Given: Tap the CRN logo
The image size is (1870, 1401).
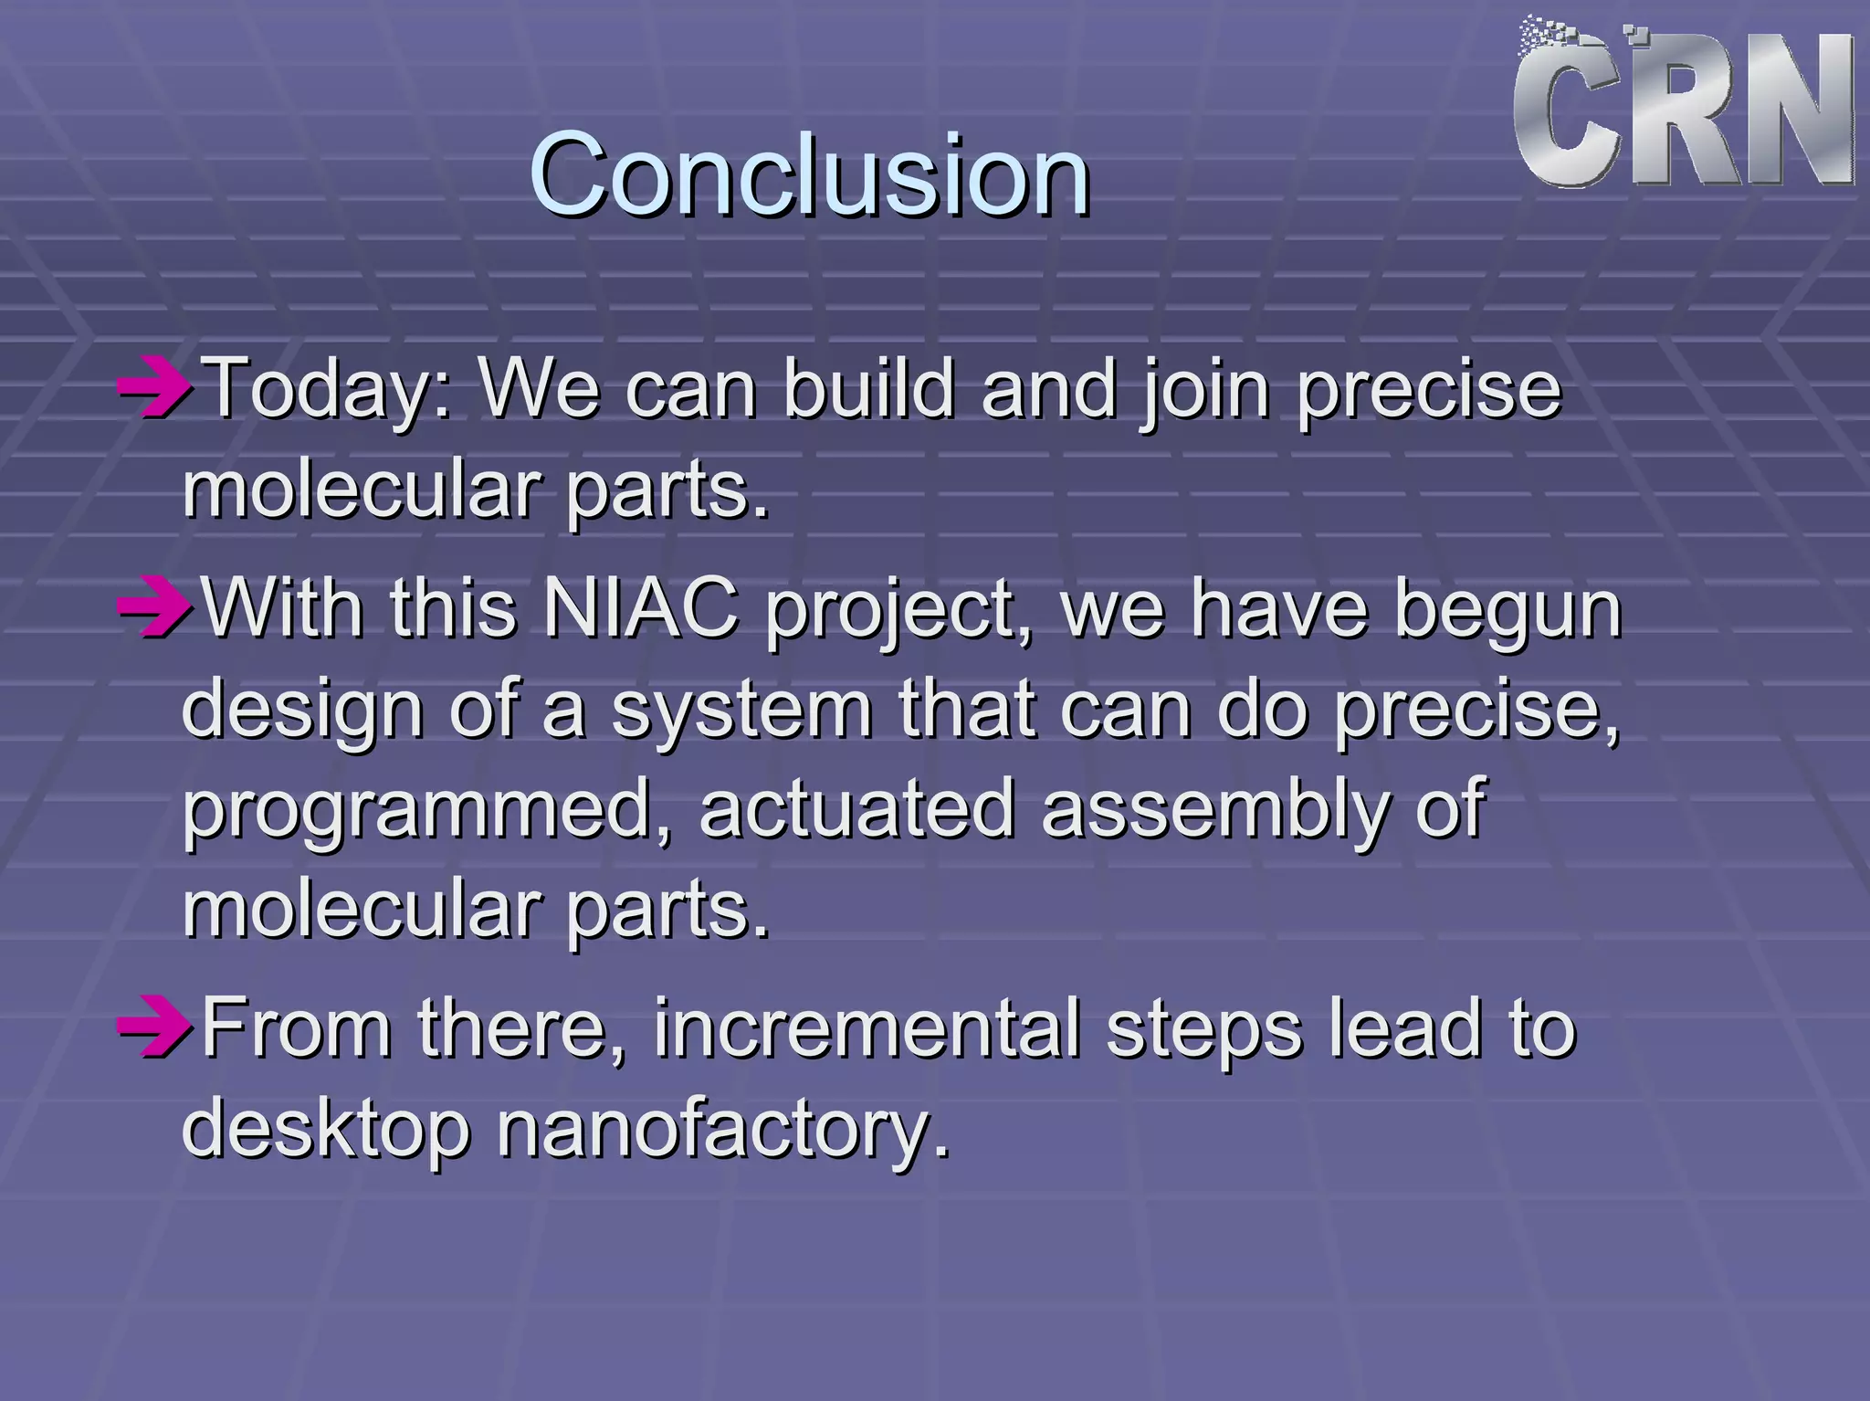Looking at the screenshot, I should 1683,105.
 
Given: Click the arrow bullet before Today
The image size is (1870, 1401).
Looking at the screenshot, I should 153,389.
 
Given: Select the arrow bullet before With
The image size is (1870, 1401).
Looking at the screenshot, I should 153,607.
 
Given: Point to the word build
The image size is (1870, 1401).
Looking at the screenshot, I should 868,389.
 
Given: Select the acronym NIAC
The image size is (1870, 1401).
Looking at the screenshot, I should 640,607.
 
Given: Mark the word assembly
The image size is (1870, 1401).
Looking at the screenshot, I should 1215,811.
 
